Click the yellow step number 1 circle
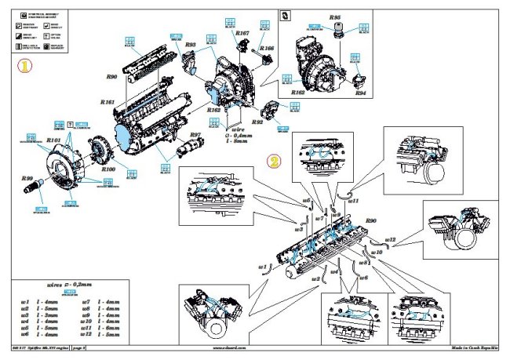coord(26,67)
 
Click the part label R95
coord(335,16)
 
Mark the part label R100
coord(108,168)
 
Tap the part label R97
coord(195,136)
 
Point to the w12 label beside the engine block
coord(392,238)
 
